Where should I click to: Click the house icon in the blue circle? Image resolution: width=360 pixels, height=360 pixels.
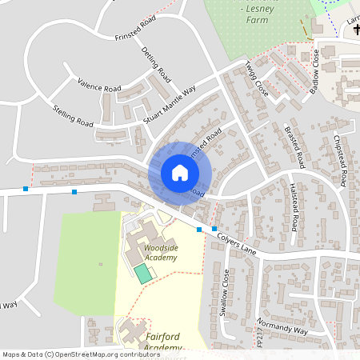pos(179,173)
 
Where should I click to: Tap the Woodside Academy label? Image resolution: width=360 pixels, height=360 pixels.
pos(161,252)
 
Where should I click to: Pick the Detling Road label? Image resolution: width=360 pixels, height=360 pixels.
pos(157,66)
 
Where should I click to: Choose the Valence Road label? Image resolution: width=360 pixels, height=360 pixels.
pos(99,84)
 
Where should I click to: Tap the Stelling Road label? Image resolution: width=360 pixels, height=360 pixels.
pos(73,116)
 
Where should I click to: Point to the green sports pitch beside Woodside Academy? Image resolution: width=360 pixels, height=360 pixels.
pos(142,274)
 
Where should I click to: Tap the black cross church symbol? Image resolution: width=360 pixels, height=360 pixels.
pos(355,30)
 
